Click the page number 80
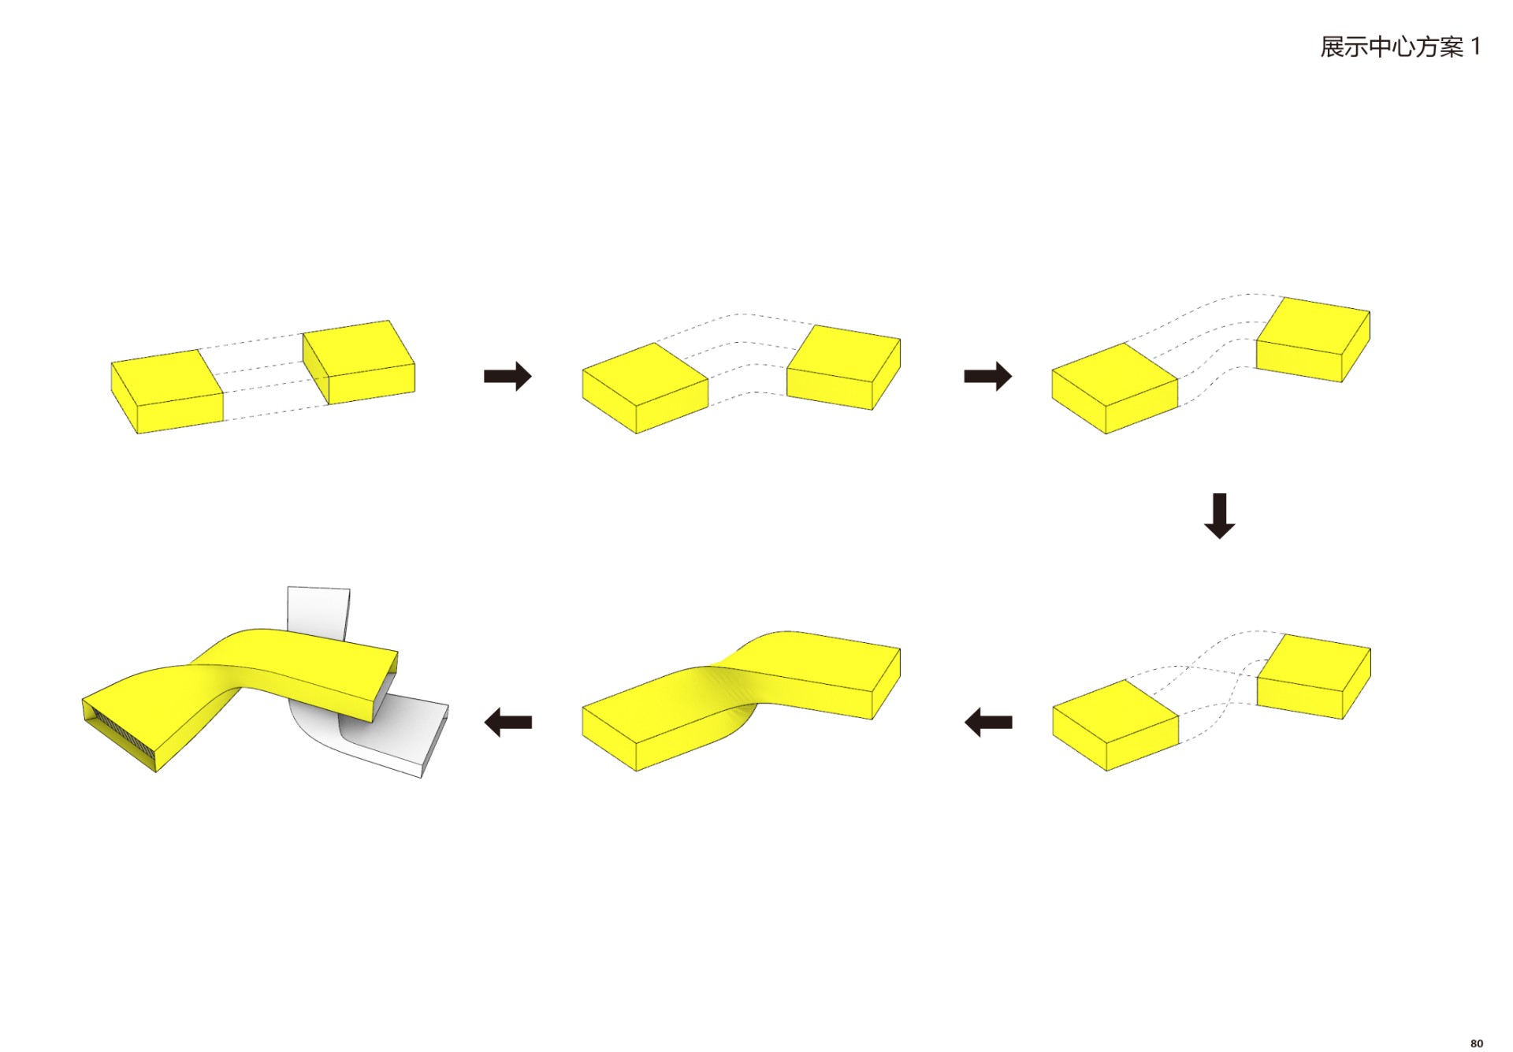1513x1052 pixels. [x=1476, y=1043]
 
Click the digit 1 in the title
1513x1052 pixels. [x=1475, y=46]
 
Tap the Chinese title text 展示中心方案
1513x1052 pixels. [x=1392, y=47]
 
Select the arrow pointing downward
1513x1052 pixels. [x=1219, y=516]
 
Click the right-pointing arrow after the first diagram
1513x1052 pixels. [x=507, y=376]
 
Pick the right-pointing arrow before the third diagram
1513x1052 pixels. [x=987, y=376]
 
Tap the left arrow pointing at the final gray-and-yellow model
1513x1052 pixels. [x=507, y=722]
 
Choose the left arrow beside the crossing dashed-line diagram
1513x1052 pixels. [x=988, y=722]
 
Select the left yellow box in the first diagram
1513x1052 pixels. [x=167, y=392]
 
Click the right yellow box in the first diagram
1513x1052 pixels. [x=359, y=362]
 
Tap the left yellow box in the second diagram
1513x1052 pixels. [x=645, y=388]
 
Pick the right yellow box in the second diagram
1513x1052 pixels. [x=844, y=367]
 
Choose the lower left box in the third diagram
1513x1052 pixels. [x=1115, y=388]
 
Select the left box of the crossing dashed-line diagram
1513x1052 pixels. [x=1116, y=725]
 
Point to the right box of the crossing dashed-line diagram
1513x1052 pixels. [x=1314, y=676]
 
